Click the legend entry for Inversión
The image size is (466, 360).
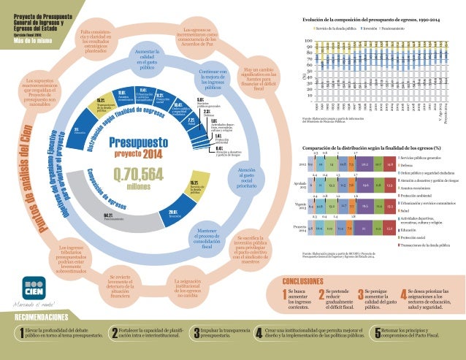(x=371, y=28)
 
